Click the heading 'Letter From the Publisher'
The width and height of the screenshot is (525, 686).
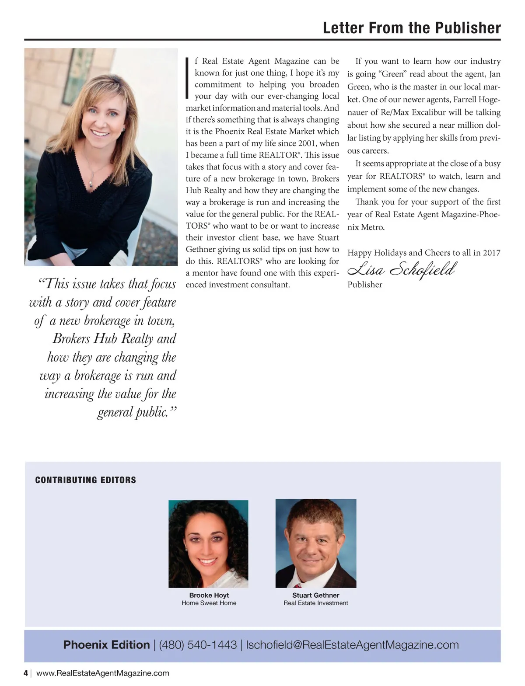click(x=411, y=28)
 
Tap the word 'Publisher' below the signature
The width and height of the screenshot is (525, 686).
click(x=364, y=285)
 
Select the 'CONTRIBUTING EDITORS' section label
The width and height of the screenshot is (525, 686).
click(x=85, y=480)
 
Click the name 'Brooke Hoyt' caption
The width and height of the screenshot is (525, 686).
click(x=209, y=595)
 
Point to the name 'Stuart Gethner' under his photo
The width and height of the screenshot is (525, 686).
click(x=315, y=595)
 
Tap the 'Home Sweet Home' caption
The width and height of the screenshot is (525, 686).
click(x=209, y=603)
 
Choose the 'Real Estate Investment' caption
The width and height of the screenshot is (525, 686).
click(x=315, y=603)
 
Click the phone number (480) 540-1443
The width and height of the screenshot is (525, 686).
click(x=198, y=645)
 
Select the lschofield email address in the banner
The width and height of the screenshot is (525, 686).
click(x=352, y=645)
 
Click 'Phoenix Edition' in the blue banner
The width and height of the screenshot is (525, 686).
click(x=106, y=645)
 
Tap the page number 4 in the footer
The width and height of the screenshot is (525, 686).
click(x=26, y=673)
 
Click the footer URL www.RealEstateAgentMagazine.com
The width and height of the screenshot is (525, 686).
click(x=103, y=673)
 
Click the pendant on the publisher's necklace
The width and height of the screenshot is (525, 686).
click(x=91, y=184)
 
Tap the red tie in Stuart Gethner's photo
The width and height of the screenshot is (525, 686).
click(x=299, y=584)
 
